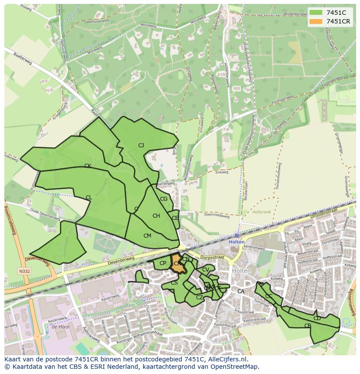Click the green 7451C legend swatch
[x=316, y=13]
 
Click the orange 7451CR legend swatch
[x=316, y=21]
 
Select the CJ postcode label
[x=141, y=146]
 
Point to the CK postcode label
[x=87, y=166]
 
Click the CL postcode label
[x=89, y=198]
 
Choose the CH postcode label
[x=156, y=216]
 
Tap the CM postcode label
[x=147, y=235]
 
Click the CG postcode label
[x=163, y=199]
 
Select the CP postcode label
[x=163, y=263]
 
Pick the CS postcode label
[x=174, y=283]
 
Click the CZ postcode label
[x=200, y=298]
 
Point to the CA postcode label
[x=240, y=291]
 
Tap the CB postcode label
[x=308, y=325]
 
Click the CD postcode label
[x=317, y=318]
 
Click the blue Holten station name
[x=237, y=242]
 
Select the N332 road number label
[x=24, y=271]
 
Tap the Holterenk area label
[x=262, y=212]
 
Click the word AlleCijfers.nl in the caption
[x=226, y=359]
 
